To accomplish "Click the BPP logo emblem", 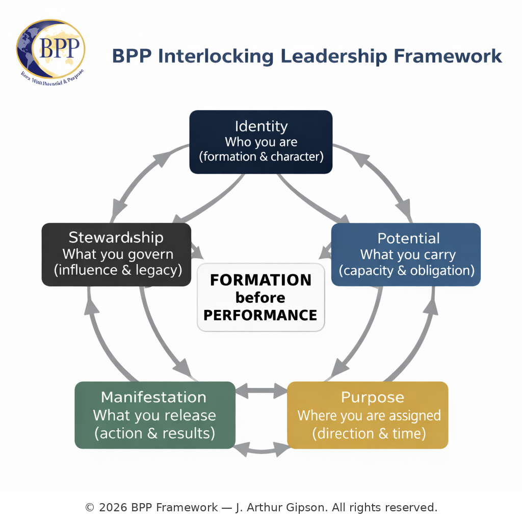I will coord(50,50).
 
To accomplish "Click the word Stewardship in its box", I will coord(116,238).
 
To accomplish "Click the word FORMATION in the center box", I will coord(261,280).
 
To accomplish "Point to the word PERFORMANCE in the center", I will coord(261,315).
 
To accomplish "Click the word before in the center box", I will coord(261,298).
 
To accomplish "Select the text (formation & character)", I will coord(261,156).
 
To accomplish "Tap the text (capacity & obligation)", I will coord(406,270).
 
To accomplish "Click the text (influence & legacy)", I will coord(117,270).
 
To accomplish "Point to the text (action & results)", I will coord(154,433).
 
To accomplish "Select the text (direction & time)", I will coord(369,433).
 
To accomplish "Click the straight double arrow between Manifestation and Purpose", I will coord(261,391).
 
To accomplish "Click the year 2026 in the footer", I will coord(113,508).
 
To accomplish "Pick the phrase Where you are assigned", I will coord(369,415).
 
